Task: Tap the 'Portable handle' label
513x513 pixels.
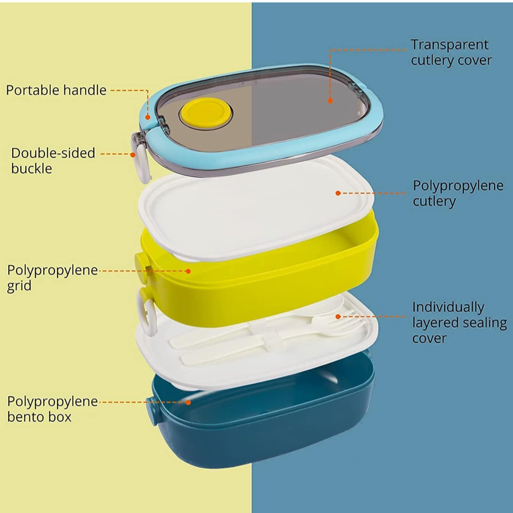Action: (56, 90)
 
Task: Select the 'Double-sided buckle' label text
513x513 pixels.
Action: (53, 161)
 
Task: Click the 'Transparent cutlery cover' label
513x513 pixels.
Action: (451, 52)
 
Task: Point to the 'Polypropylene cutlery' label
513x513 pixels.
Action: (458, 193)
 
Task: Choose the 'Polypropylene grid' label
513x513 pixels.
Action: (52, 278)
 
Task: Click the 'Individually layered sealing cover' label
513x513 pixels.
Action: (459, 322)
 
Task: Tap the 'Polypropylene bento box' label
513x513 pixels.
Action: (52, 409)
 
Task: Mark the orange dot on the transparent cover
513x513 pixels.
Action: (330, 101)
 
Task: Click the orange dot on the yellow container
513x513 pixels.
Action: (188, 271)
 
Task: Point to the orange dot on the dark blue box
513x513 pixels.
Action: (188, 402)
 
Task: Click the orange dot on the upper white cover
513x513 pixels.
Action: (338, 193)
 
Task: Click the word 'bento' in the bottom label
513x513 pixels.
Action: (26, 417)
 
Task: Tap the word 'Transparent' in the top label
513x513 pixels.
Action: (449, 44)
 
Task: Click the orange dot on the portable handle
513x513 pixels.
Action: (148, 117)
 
